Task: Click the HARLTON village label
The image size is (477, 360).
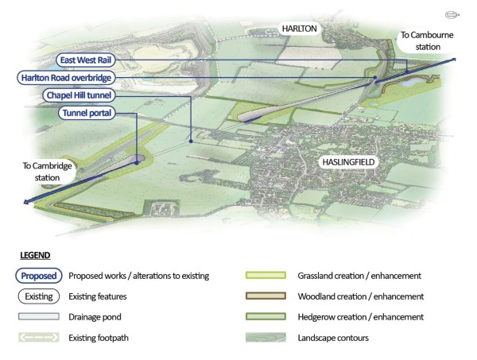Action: pyautogui.click(x=300, y=29)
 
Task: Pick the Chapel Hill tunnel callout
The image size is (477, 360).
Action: pyautogui.click(x=81, y=95)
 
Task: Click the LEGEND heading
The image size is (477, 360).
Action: pyautogui.click(x=34, y=256)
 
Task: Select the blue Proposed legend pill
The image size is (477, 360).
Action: pyautogui.click(x=37, y=276)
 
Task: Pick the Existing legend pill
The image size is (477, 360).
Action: pyautogui.click(x=37, y=296)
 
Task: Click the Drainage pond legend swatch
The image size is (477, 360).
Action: pyautogui.click(x=37, y=316)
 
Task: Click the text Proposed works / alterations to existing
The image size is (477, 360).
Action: pyautogui.click(x=139, y=276)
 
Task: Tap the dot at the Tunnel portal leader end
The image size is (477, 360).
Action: pyautogui.click(x=137, y=162)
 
